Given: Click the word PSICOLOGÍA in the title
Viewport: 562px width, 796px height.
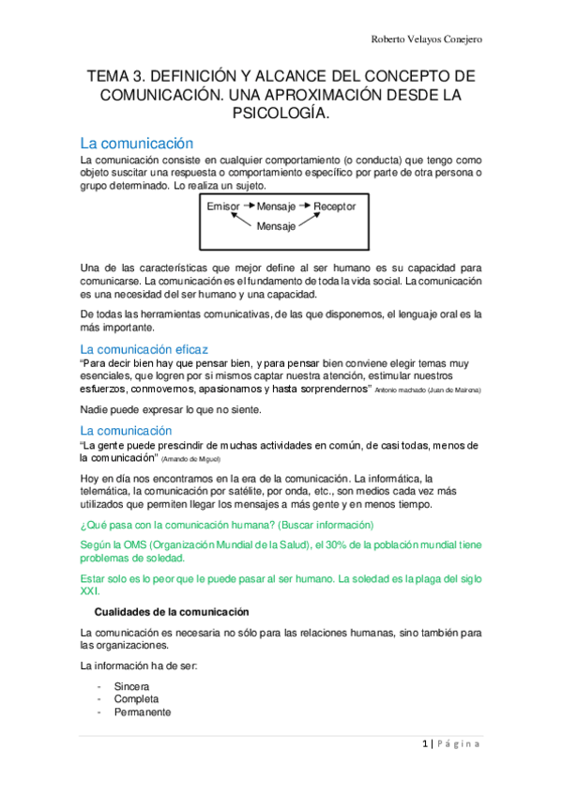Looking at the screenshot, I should click(281, 114).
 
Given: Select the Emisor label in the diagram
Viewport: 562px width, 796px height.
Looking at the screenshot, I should click(223, 207).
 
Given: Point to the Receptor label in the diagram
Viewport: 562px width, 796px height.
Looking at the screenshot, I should click(335, 207).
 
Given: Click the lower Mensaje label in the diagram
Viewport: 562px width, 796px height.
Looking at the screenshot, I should click(278, 226).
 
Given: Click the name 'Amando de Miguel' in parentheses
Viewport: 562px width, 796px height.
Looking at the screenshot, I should click(190, 459).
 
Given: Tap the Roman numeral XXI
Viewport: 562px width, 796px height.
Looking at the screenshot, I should click(91, 591).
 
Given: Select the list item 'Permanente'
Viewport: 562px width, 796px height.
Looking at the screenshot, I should click(142, 712).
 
